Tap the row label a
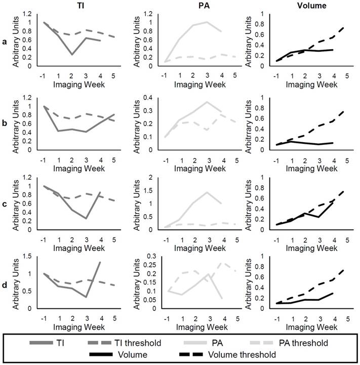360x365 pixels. point(5,44)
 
